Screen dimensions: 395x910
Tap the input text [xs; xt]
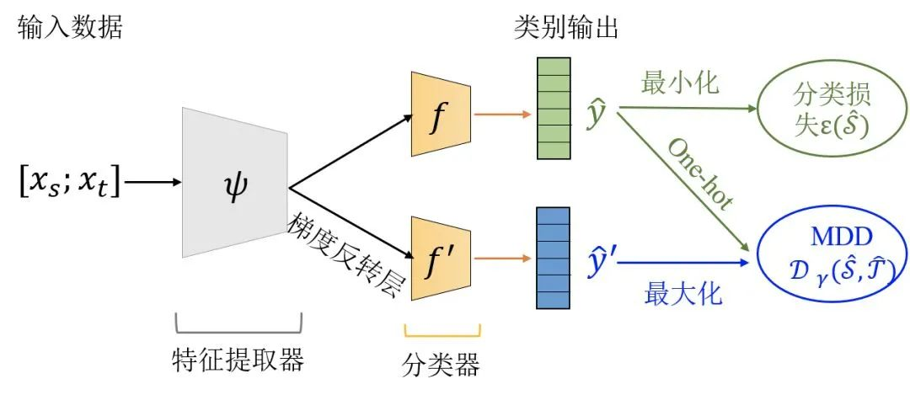click(68, 182)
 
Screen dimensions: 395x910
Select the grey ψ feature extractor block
click(235, 182)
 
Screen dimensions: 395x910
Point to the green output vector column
click(554, 106)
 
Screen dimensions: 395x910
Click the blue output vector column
click(554, 258)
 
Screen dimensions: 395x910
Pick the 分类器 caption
click(442, 364)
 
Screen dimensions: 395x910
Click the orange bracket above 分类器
click(442, 331)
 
